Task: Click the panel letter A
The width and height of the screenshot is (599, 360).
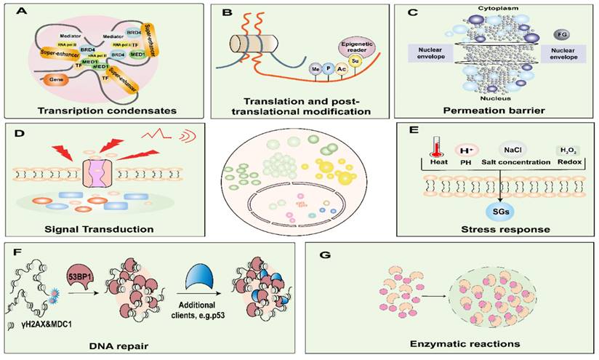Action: [13, 12]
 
